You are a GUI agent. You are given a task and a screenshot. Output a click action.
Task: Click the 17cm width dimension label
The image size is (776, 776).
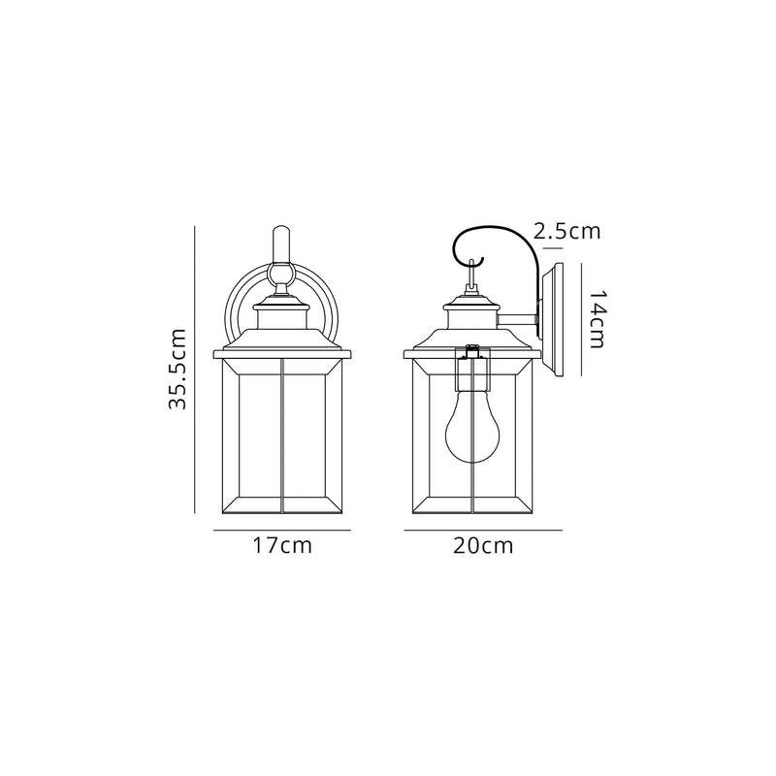(x=281, y=546)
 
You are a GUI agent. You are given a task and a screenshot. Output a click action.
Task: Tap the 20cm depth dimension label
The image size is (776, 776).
(x=482, y=546)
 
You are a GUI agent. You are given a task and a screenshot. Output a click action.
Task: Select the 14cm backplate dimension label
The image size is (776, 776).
(x=598, y=318)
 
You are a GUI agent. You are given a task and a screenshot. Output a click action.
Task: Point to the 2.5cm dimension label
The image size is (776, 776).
(x=567, y=231)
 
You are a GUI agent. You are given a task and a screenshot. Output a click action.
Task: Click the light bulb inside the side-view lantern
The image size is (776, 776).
(x=470, y=431)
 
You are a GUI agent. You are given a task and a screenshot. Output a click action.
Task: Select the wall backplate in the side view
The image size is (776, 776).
(x=555, y=318)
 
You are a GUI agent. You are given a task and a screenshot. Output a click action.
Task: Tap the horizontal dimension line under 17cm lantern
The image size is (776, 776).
(x=281, y=531)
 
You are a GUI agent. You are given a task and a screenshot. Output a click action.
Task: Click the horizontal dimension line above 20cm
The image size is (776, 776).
(x=482, y=531)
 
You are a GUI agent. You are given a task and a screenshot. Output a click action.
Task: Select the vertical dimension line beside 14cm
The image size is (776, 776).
(x=581, y=318)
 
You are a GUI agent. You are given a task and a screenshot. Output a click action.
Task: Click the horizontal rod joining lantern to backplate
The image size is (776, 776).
(x=519, y=318)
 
